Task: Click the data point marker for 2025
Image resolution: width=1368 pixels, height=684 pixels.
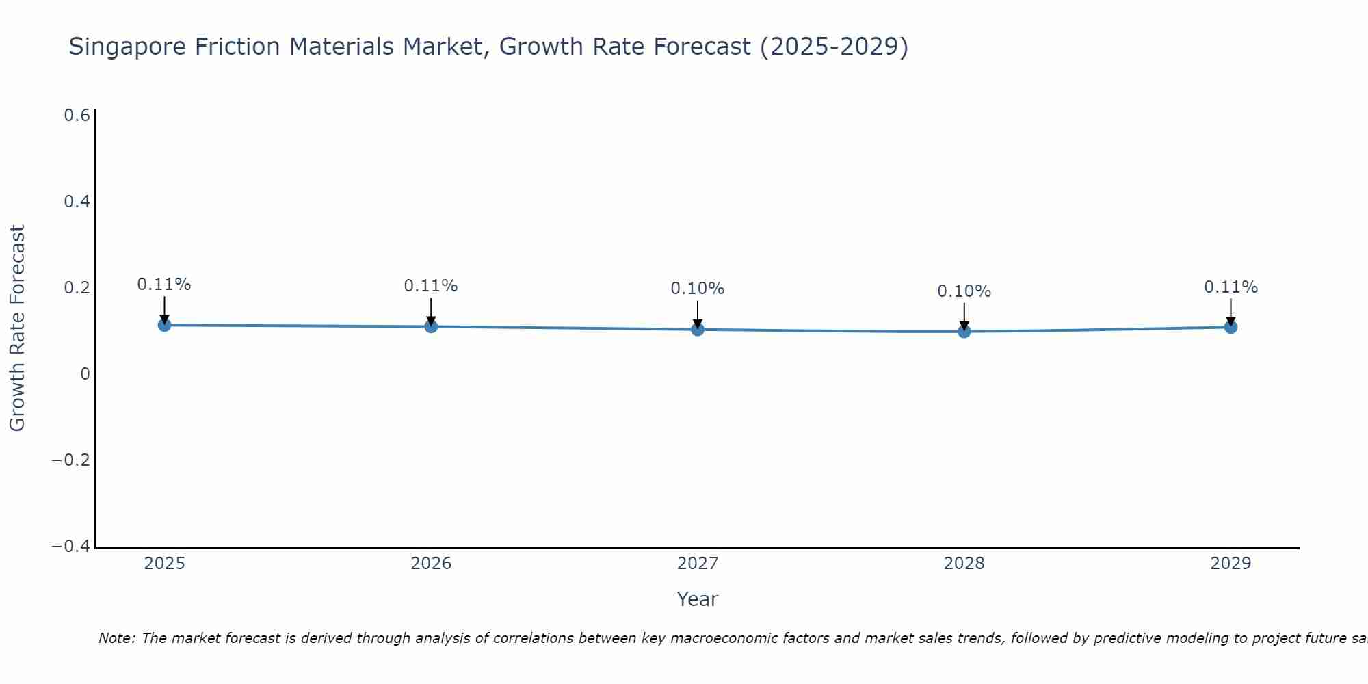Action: [164, 325]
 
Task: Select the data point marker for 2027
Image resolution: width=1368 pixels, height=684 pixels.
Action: [698, 330]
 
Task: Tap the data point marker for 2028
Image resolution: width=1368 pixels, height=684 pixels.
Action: [964, 332]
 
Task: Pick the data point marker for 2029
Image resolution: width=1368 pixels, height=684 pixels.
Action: [1231, 327]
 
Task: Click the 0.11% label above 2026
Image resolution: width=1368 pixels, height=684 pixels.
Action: [431, 286]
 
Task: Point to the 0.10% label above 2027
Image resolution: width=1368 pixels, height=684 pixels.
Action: [698, 289]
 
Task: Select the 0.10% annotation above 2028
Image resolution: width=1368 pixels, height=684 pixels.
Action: [964, 291]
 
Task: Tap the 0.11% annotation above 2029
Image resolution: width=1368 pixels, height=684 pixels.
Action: [1231, 287]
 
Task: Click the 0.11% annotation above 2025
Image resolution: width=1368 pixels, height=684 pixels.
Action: [164, 285]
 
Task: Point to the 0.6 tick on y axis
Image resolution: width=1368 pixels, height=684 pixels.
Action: [77, 116]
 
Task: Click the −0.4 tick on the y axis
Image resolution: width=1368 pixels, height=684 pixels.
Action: [71, 546]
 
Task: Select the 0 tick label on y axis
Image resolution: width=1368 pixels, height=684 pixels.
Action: [85, 374]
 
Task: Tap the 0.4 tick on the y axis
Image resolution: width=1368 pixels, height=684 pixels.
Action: [77, 202]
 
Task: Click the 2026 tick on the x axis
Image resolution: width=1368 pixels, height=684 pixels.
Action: [431, 564]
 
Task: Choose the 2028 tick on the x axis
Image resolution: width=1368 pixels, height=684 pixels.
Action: [964, 564]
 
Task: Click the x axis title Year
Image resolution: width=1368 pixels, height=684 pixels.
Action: [697, 599]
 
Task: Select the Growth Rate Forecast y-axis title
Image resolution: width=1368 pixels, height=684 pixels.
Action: [18, 328]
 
